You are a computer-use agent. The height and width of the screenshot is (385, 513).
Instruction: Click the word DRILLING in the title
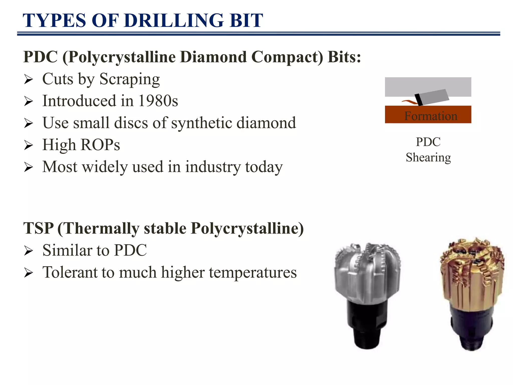[x=174, y=21]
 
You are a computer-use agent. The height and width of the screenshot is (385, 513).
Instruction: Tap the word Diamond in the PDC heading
[x=213, y=57]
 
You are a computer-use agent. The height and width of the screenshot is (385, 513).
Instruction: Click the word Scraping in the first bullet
[x=130, y=79]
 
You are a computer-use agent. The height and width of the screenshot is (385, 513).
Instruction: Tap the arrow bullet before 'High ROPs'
[x=29, y=145]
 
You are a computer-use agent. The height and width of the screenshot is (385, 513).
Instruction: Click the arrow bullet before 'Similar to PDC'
[x=29, y=251]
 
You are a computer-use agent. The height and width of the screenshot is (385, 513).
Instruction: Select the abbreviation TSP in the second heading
[x=38, y=228]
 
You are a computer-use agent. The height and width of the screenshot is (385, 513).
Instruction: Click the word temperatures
[x=253, y=272]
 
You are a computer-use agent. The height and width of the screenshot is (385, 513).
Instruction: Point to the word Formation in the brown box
[x=431, y=116]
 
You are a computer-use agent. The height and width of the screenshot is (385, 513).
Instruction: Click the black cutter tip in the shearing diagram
[x=419, y=100]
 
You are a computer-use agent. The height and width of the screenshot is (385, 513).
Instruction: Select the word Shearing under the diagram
[x=428, y=157]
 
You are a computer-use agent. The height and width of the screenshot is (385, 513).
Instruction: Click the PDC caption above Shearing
[x=428, y=142]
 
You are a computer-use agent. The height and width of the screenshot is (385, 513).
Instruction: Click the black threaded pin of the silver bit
[x=367, y=336]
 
